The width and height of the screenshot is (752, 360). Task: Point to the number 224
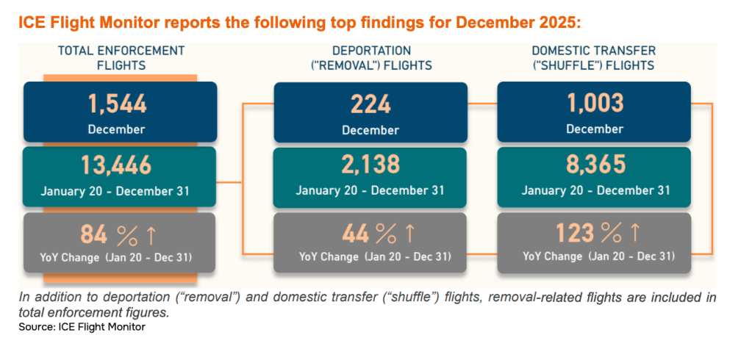click(x=370, y=103)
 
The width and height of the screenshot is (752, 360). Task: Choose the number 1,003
click(x=595, y=103)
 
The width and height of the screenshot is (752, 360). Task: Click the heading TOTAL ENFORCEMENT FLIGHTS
click(x=121, y=57)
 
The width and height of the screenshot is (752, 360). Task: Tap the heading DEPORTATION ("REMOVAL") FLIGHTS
click(x=371, y=57)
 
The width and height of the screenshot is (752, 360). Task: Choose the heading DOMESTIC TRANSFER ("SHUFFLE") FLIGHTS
click(x=595, y=57)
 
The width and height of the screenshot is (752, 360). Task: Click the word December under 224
click(x=370, y=130)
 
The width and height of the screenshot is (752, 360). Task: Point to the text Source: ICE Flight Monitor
click(x=82, y=327)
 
